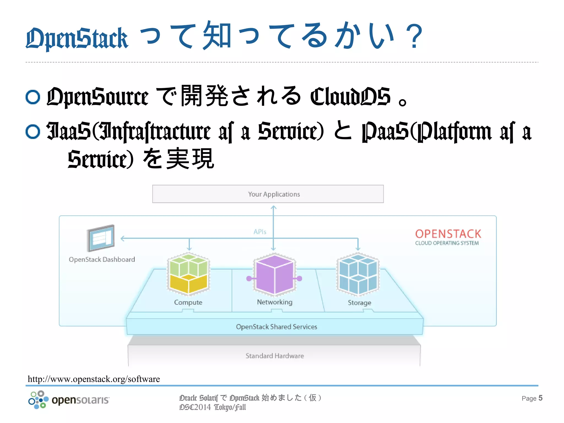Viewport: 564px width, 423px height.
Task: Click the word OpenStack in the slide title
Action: click(77, 39)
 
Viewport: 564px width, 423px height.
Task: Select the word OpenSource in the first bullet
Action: click(97, 97)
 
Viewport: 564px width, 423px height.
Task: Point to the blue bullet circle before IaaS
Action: click(33, 131)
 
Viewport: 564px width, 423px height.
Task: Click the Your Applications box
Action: click(268, 194)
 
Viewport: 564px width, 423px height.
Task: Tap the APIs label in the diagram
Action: click(260, 232)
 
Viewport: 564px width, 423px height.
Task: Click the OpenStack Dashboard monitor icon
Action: click(101, 238)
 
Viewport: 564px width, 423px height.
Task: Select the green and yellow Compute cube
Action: click(189, 274)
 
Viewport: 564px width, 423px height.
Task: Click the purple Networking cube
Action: click(274, 274)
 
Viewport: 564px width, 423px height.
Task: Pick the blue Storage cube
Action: click(358, 274)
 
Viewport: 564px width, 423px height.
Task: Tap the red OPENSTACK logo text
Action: click(448, 234)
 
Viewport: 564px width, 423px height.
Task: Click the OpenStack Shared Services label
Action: click(276, 327)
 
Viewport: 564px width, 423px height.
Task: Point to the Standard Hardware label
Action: click(275, 356)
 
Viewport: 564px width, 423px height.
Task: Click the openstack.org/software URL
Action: click(94, 379)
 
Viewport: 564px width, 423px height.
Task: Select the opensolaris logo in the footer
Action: click(69, 400)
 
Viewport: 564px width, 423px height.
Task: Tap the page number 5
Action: click(540, 398)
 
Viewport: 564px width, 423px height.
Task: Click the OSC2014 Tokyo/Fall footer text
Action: click(212, 407)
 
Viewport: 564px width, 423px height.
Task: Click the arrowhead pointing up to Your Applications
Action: click(273, 208)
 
